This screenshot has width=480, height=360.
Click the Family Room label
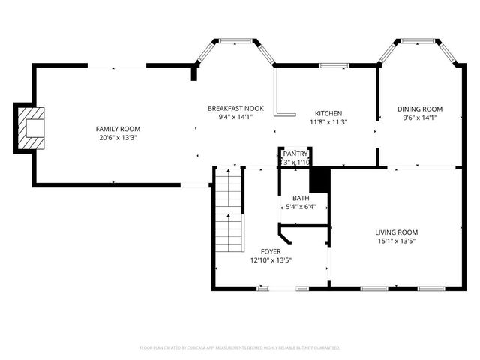[x=118, y=129]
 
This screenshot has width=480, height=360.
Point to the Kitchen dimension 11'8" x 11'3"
[x=328, y=122]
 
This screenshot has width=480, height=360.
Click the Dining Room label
[x=420, y=109]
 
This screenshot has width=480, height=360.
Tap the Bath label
[x=301, y=199]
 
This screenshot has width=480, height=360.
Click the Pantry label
[x=295, y=153]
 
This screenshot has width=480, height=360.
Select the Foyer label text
[x=271, y=251]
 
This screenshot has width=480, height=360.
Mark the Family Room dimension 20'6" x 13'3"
[x=118, y=138]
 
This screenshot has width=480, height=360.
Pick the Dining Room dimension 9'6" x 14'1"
[x=420, y=118]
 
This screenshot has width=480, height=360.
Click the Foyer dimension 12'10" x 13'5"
[x=271, y=260]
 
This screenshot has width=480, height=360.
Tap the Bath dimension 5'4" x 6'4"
[x=301, y=208]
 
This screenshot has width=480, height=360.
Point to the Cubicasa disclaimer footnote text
[x=240, y=348]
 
